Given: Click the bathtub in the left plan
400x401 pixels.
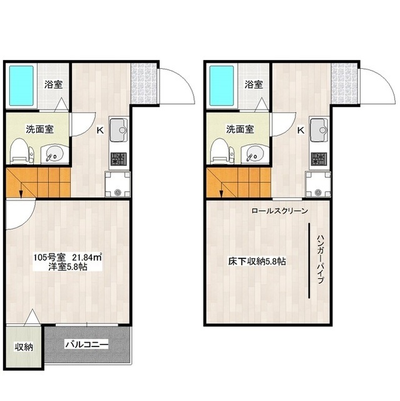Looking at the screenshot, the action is pos(21,86).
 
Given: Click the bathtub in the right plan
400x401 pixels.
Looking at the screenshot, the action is pos(222,86).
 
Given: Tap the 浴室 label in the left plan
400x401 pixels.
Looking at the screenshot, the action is pos(53,85).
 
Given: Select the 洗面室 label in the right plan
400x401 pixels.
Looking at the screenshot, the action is pos(240,130).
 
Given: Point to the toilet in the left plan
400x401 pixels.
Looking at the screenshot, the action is pos(21,152).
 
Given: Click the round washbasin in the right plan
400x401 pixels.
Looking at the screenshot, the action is pos(255,154).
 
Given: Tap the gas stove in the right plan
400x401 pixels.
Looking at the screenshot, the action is pos(319,159).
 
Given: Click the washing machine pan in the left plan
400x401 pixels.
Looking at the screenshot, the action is pos(118,184).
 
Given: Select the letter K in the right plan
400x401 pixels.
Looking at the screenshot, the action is pos(300,130).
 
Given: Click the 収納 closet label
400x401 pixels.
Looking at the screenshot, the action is pos(24,347).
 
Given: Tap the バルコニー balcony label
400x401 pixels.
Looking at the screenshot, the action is pos(87,344).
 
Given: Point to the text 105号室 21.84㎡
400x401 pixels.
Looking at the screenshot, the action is pos(68,257).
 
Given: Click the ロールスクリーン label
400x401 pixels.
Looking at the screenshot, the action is pos(280,211).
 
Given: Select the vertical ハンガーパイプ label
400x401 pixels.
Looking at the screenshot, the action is pos(321,259).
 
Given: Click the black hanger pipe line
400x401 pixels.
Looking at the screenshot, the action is pos(309,261).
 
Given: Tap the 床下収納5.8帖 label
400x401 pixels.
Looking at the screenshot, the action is pos(257,261).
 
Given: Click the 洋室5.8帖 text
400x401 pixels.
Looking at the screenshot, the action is pos(68,267).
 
